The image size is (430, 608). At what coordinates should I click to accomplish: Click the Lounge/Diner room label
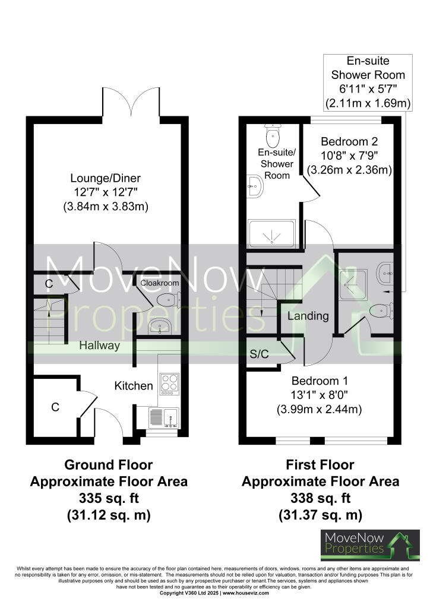pyautogui.click(x=105, y=178)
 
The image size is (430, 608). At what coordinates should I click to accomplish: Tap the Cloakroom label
pyautogui.click(x=159, y=283)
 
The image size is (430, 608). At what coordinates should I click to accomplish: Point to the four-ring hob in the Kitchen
pyautogui.click(x=168, y=383)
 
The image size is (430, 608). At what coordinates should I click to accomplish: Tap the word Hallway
pyautogui.click(x=100, y=345)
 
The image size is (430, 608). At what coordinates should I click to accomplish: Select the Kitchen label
pyautogui.click(x=134, y=386)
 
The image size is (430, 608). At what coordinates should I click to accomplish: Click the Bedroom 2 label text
pyautogui.click(x=349, y=142)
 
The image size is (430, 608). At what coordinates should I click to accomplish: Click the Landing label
pyautogui.click(x=308, y=316)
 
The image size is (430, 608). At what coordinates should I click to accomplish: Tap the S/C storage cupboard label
pyautogui.click(x=259, y=354)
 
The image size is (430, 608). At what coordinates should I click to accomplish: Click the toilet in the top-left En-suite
pyautogui.click(x=273, y=138)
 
